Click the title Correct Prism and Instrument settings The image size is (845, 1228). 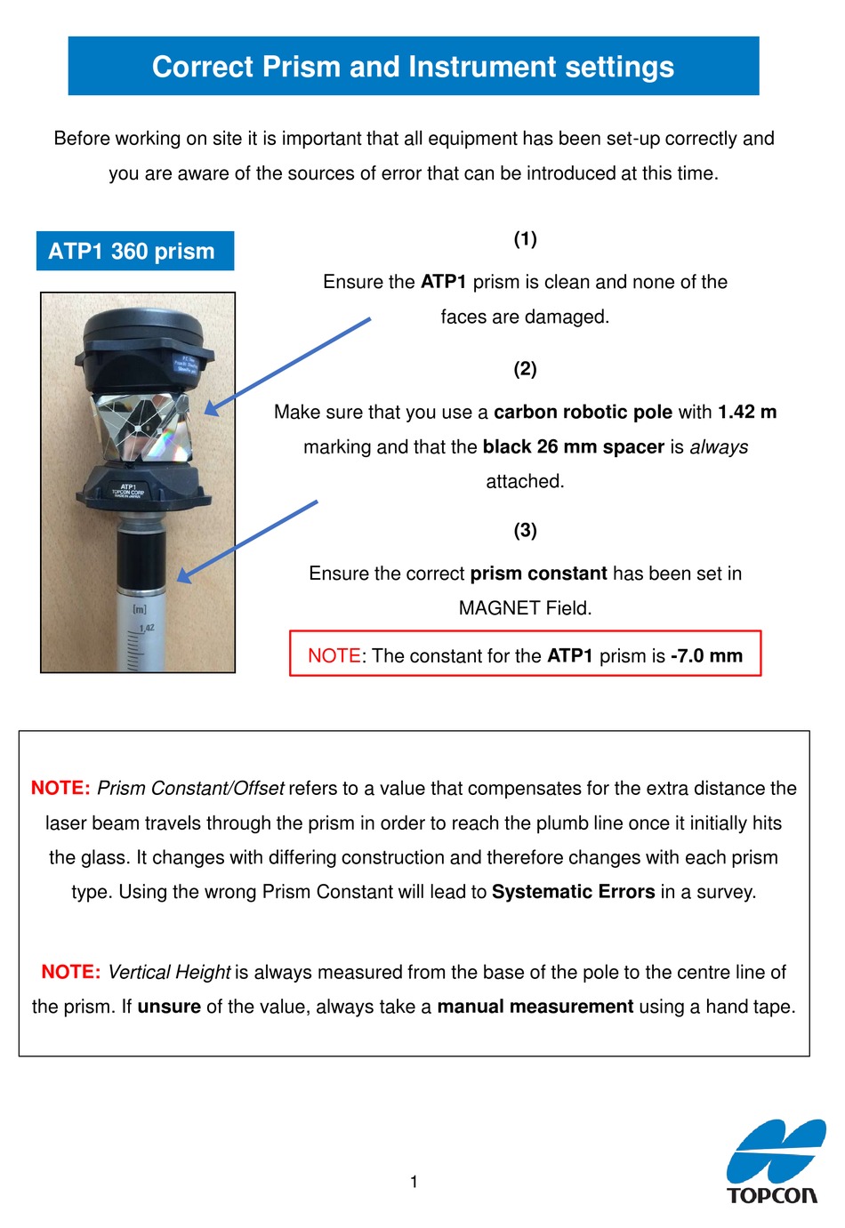[x=413, y=67]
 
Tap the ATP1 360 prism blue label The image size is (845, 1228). [x=132, y=252]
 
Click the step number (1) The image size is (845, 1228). [x=525, y=238]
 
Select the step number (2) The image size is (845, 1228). [x=525, y=368]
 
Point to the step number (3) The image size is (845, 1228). [x=525, y=530]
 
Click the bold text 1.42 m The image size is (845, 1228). [x=747, y=412]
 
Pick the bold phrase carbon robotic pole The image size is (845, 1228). [x=583, y=412]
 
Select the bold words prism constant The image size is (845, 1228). [x=538, y=574]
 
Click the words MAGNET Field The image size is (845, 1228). [x=525, y=608]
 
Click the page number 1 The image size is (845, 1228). [x=414, y=1182]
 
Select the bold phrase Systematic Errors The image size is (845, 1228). [x=573, y=892]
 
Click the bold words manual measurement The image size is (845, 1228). [x=535, y=1007]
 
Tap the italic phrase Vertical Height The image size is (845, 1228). [x=169, y=972]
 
